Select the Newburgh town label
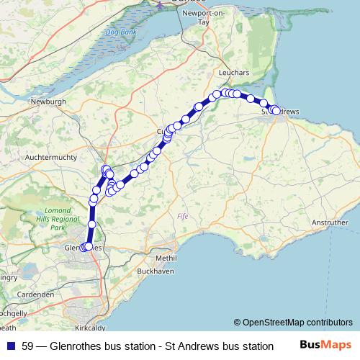pyautogui.click(x=48, y=102)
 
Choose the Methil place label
pyautogui.click(x=166, y=257)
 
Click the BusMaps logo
pyautogui.click(x=325, y=346)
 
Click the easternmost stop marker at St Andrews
pyautogui.click(x=276, y=111)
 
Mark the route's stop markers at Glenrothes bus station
pyautogui.click(x=86, y=247)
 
